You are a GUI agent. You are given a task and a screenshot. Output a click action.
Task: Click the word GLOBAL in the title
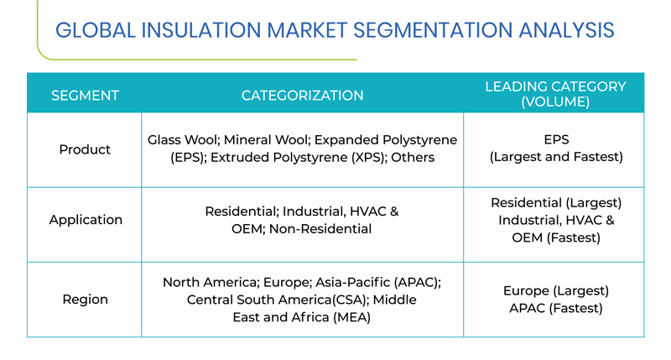coord(96,30)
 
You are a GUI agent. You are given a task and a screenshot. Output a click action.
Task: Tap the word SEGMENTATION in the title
coord(433,30)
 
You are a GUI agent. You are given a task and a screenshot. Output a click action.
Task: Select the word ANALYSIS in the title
coord(567,30)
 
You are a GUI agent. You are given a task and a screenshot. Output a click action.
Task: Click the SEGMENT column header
coord(85,96)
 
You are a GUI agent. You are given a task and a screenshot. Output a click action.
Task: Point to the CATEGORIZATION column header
coord(302,96)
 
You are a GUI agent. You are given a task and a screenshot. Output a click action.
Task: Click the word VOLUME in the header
coord(555,102)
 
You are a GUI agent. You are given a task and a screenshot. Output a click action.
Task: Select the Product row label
coord(85,149)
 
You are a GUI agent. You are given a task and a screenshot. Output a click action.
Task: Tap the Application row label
coord(86,220)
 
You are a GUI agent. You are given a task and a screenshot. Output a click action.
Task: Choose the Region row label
coord(86,300)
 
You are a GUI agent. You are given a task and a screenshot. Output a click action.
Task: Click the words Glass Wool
coord(182,140)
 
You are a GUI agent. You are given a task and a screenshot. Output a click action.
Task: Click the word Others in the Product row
coord(413,158)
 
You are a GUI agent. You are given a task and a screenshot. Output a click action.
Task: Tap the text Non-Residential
coord(320,229)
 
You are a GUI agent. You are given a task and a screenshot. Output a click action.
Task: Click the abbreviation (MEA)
coord(351,317)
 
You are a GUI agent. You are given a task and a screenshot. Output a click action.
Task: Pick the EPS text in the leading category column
coord(556,139)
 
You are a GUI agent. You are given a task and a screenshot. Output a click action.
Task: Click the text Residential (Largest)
coord(556,203)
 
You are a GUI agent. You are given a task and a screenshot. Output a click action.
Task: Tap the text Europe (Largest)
coord(556,291)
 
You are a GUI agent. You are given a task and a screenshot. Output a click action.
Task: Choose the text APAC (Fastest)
coord(556,309)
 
